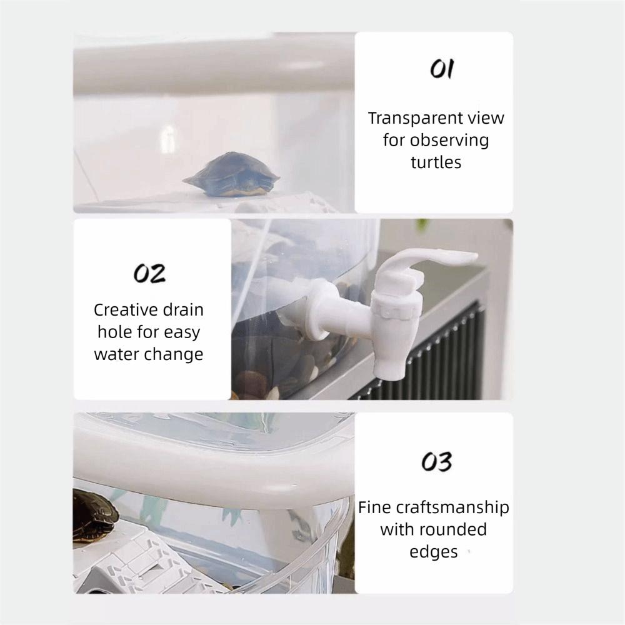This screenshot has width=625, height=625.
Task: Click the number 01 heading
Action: point(442,70)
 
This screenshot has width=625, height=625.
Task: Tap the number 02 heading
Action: point(150,273)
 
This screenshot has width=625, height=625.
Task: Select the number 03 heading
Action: point(436,462)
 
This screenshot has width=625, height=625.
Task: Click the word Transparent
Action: point(404,117)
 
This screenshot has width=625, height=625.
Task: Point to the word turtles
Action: point(436,162)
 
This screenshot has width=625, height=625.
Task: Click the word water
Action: point(117,354)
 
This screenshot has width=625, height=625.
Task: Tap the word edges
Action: point(433,552)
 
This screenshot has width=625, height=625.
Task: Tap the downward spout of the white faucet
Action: point(388,362)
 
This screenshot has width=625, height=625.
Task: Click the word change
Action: point(174,354)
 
